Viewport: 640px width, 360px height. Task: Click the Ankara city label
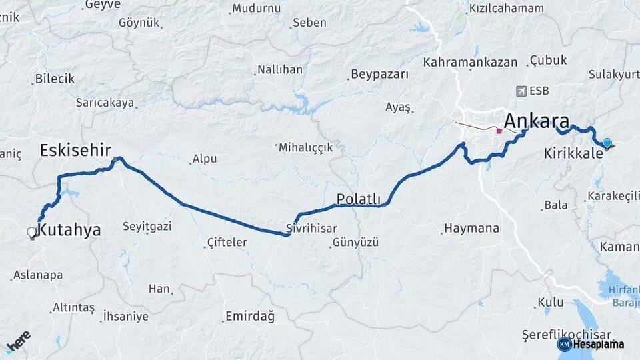click(x=537, y=121)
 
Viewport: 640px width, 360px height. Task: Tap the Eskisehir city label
click(x=75, y=149)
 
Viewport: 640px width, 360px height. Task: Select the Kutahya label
click(x=69, y=231)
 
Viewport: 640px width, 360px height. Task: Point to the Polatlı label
click(x=358, y=199)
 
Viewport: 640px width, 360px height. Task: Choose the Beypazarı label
click(x=379, y=74)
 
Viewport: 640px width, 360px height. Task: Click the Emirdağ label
click(x=250, y=316)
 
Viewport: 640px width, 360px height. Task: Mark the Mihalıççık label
click(x=305, y=147)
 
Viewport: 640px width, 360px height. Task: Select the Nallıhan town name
click(x=280, y=69)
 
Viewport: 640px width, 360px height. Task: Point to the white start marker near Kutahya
click(x=31, y=232)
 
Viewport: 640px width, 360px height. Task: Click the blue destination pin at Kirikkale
click(x=607, y=142)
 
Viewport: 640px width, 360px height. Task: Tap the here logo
click(x=18, y=341)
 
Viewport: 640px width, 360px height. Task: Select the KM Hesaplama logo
click(x=591, y=344)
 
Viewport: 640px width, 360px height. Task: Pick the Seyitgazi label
click(x=147, y=226)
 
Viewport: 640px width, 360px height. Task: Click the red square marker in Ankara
click(x=499, y=131)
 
